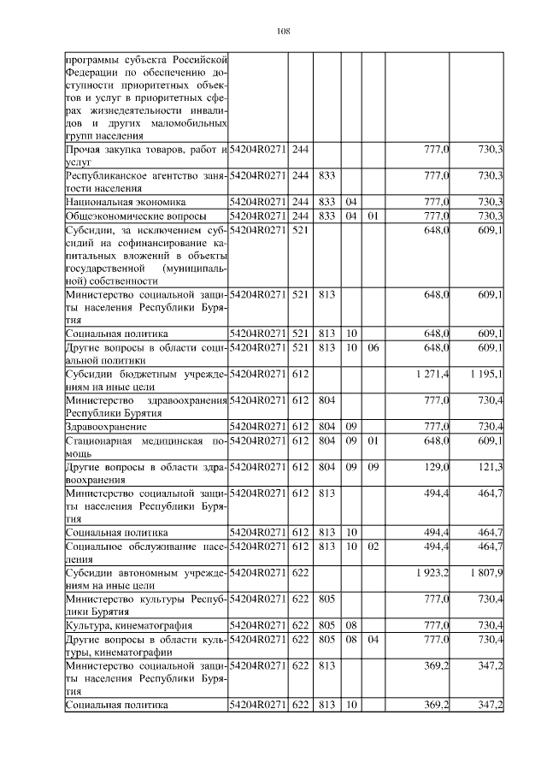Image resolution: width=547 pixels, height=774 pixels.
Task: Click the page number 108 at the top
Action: [x=285, y=32]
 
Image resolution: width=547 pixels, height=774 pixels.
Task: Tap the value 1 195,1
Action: [x=486, y=375]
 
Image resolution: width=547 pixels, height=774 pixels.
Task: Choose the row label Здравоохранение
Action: [x=106, y=426]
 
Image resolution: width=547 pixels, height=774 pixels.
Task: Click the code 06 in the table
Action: [x=373, y=348]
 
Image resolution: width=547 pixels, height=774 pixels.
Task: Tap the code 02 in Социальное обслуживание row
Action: [x=373, y=546]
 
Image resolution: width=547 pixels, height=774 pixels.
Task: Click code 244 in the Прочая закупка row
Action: [x=300, y=151]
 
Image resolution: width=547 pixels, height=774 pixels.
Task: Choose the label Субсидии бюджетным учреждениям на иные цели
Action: [x=144, y=381]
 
